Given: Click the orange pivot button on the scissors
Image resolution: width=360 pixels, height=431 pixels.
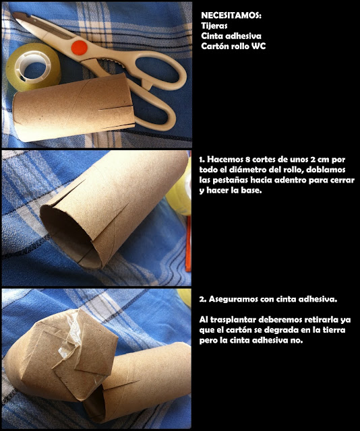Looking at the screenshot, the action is pos(80,48).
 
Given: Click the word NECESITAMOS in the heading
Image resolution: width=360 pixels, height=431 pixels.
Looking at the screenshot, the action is pos(231,15).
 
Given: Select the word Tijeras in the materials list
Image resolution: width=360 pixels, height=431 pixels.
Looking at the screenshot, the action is pos(214,26).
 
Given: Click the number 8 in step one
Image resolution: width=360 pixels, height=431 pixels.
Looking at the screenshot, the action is pos(247,160).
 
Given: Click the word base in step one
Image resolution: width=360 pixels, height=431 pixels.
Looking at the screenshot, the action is pos(250,191).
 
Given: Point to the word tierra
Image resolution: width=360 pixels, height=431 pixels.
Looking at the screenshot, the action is pos(333,330).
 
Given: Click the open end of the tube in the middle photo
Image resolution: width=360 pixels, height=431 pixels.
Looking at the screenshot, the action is pos(66,234).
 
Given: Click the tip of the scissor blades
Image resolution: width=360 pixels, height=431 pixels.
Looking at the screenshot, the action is pos(14,13).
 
